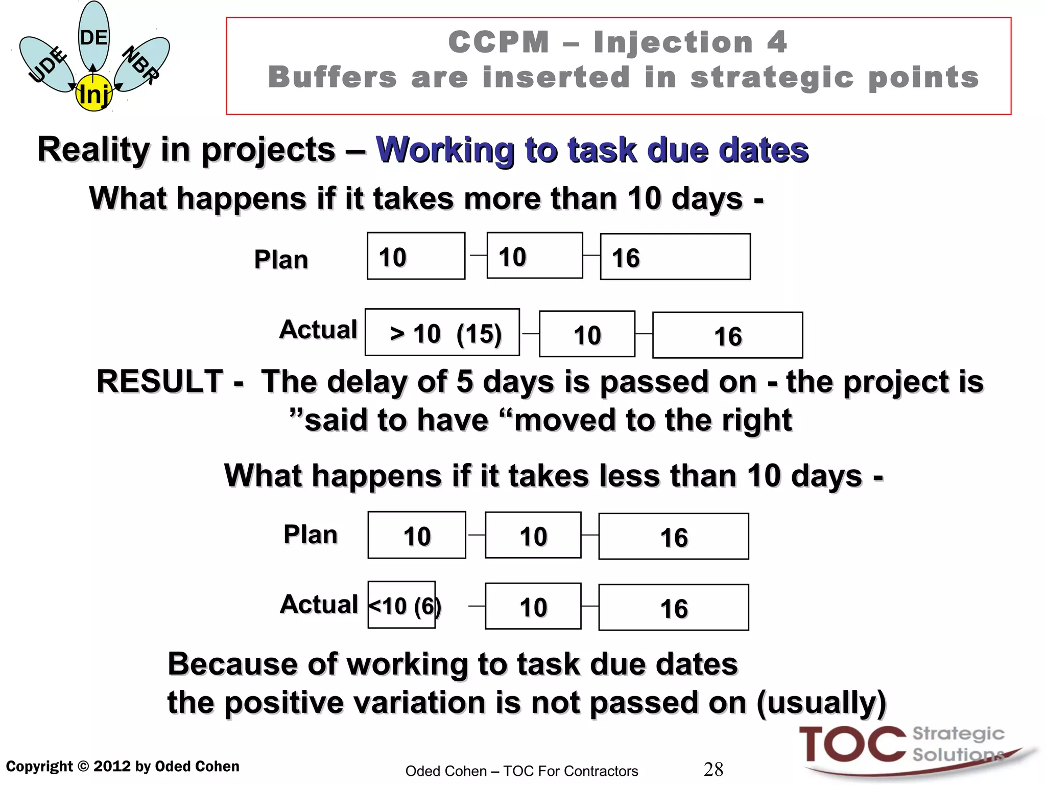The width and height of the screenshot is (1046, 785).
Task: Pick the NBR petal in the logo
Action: [x=141, y=64]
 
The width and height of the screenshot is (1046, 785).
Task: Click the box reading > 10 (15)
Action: [x=442, y=333]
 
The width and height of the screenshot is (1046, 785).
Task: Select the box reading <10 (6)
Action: [x=402, y=605]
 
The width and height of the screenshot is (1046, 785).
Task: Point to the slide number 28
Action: [x=713, y=769]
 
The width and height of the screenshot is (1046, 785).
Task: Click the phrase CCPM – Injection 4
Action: [x=618, y=42]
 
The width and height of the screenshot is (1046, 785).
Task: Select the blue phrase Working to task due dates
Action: [x=592, y=150]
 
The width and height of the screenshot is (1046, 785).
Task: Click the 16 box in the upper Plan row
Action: [x=675, y=257]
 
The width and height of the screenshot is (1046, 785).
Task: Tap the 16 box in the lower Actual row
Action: [x=673, y=608]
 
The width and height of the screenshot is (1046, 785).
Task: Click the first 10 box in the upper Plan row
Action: [x=416, y=256]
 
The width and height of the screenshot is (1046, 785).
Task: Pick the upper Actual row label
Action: [x=318, y=330]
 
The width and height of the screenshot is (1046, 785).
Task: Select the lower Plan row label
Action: [x=311, y=535]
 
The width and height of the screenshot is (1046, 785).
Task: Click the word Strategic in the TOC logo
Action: [x=958, y=733]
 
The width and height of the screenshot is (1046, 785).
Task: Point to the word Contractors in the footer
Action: [x=606, y=771]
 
